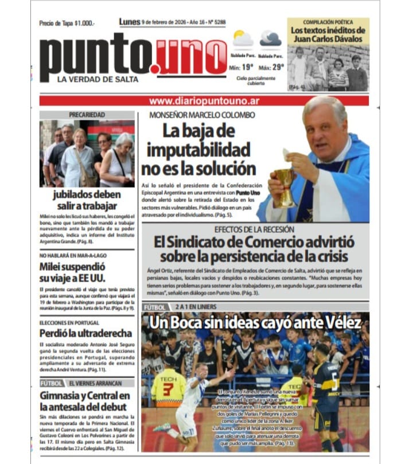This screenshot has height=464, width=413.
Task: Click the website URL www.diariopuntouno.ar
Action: (204, 100)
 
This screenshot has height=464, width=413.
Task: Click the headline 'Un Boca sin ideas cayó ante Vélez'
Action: (255, 323)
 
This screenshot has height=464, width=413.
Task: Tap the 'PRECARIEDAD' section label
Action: (87, 115)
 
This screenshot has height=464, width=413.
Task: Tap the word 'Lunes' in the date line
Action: (130, 22)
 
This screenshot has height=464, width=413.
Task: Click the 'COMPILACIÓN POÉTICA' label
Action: (327, 22)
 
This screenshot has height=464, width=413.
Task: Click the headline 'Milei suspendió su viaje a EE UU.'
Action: (73, 273)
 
